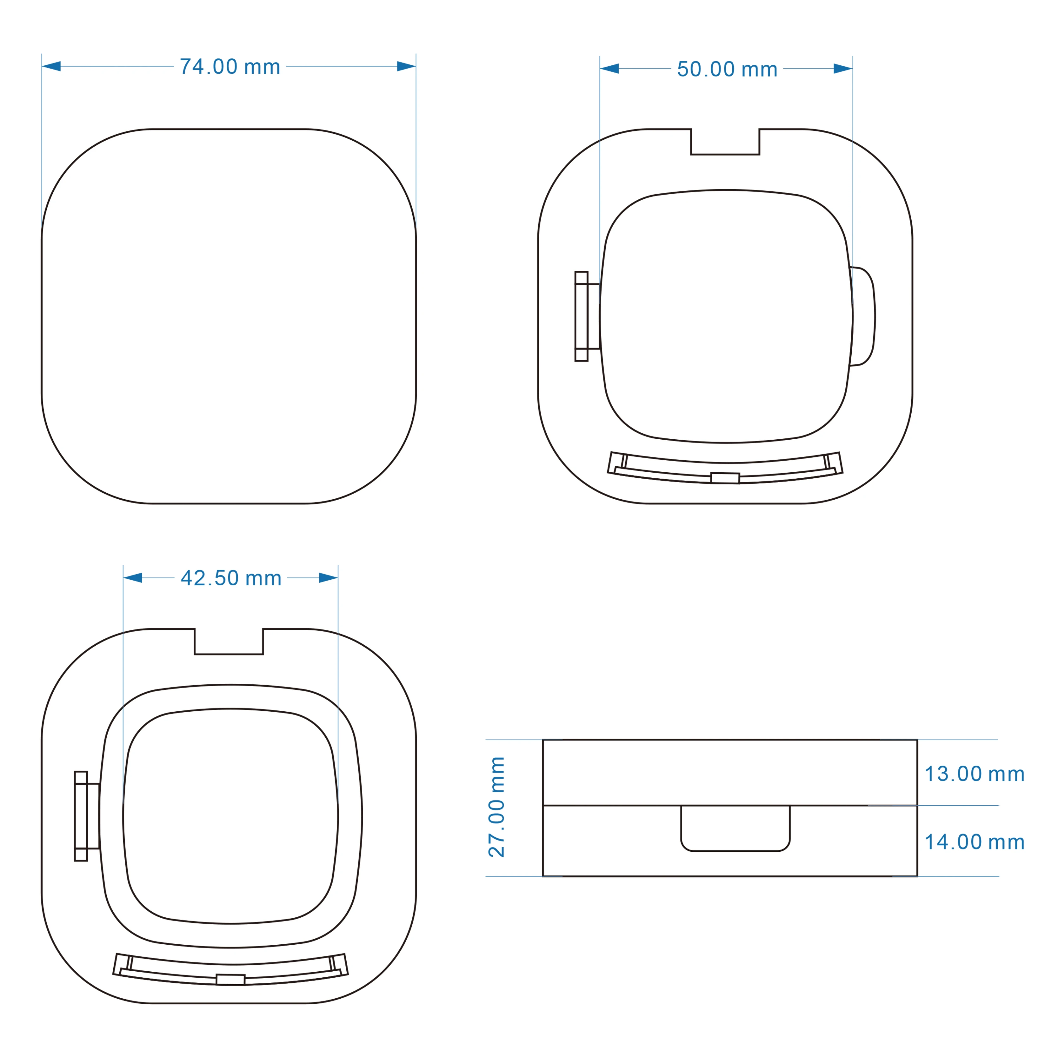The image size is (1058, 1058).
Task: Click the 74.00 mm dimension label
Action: click(230, 67)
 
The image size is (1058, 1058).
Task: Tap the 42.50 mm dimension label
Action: click(231, 578)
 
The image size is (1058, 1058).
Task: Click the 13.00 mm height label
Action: click(975, 774)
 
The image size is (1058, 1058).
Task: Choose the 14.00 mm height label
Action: click(975, 842)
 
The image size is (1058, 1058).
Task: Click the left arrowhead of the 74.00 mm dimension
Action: click(51, 66)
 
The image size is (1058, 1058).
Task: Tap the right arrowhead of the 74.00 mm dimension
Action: click(406, 66)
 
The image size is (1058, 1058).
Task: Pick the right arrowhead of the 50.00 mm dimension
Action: click(843, 69)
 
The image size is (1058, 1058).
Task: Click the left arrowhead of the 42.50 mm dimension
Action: click(132, 578)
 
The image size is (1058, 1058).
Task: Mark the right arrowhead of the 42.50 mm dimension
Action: click(329, 578)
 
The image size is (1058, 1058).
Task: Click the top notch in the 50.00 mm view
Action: click(725, 154)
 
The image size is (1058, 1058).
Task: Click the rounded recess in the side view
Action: click(735, 850)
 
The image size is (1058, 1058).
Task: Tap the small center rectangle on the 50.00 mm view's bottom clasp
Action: click(725, 478)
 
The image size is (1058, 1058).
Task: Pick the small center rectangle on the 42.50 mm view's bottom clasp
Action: click(230, 980)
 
